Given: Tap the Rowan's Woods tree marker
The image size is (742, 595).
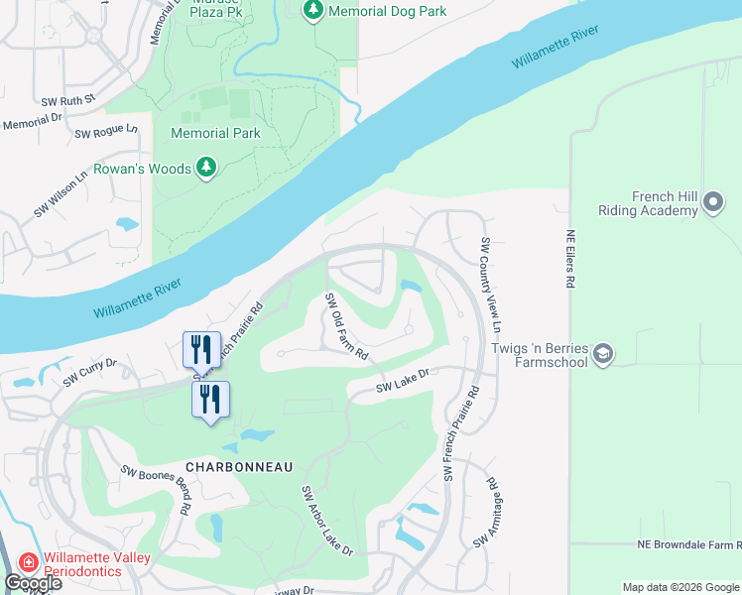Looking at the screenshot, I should coord(206,169).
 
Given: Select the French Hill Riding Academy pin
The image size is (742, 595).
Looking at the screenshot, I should coord(712,203).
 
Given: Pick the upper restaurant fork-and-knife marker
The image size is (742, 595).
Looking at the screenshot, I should coord(201,347).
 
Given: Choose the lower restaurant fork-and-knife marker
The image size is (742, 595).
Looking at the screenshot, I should coord(210,399).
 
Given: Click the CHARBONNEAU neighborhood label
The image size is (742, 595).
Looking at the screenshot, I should coord(227,465).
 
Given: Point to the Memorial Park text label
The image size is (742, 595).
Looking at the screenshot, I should coord(215,133).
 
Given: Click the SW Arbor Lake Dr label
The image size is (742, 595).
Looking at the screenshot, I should coord(327,521).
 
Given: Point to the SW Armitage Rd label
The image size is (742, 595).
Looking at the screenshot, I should coord(485,514).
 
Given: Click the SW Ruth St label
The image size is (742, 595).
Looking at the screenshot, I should coord(67,99).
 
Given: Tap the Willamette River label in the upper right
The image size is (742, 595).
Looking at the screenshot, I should coord(556,49).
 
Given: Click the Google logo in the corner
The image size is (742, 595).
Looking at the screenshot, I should coord(32,583).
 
